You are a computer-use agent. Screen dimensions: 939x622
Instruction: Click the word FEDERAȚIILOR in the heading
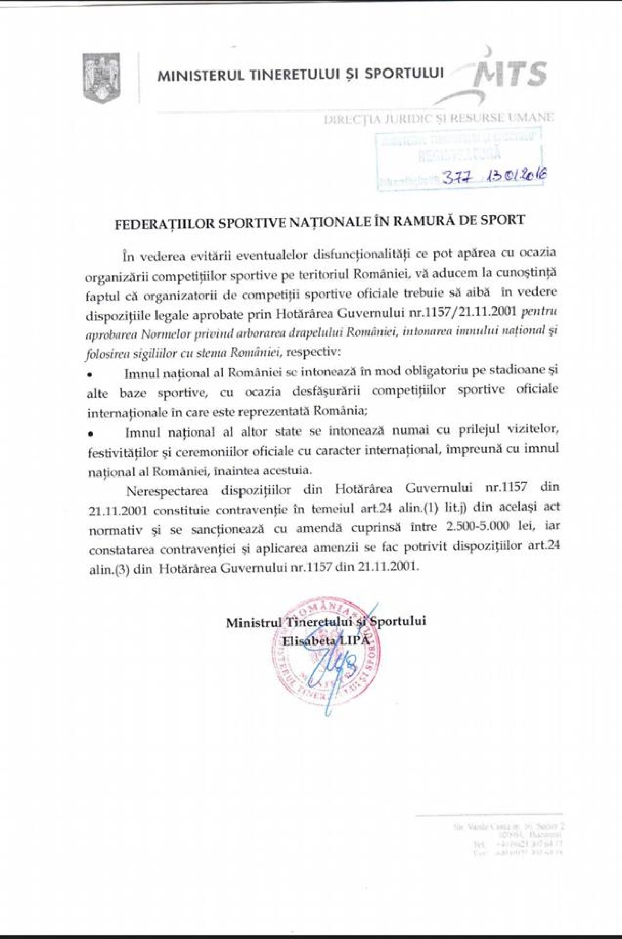pos(154,220)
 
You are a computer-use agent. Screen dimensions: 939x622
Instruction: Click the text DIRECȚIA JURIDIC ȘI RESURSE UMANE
pos(438,118)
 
